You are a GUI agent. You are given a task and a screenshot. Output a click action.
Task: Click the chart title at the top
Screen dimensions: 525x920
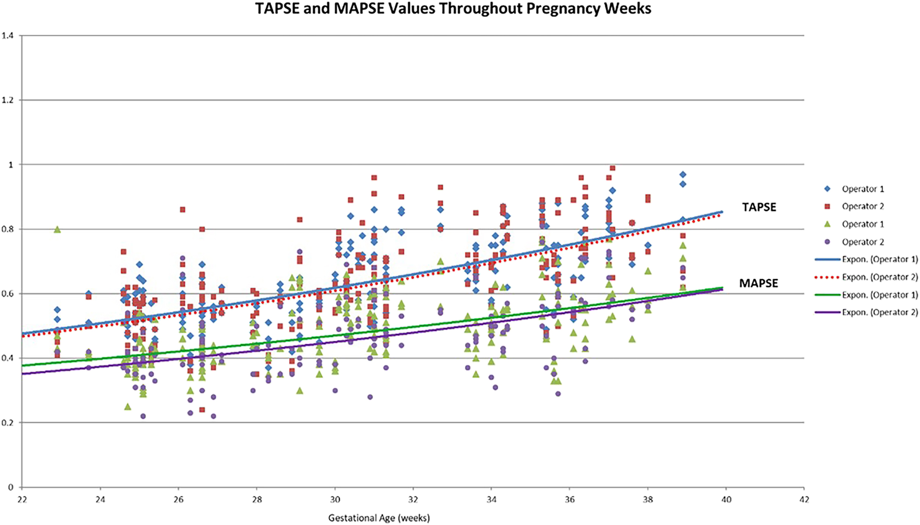[x=453, y=9]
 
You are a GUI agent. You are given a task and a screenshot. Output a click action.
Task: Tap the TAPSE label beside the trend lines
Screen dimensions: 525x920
[x=759, y=207]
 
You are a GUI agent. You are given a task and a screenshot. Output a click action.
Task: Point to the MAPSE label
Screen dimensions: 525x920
[x=758, y=283]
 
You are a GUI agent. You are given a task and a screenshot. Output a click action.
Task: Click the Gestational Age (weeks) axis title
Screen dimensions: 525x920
[x=379, y=518]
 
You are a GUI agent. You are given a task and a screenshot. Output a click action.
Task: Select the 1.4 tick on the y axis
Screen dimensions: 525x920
[x=7, y=36]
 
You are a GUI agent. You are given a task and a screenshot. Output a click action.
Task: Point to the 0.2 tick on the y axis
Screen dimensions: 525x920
[x=7, y=423]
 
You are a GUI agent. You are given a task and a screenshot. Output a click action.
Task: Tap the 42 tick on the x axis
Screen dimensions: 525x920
[x=804, y=499]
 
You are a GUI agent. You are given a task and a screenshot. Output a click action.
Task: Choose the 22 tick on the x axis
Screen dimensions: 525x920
[x=22, y=499]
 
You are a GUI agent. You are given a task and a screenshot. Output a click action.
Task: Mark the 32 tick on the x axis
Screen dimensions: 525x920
[x=413, y=499]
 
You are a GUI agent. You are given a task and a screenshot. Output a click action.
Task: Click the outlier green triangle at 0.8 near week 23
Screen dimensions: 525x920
[x=57, y=229]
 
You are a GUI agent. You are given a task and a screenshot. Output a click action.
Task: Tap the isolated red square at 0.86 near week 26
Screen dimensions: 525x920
[x=183, y=209]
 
